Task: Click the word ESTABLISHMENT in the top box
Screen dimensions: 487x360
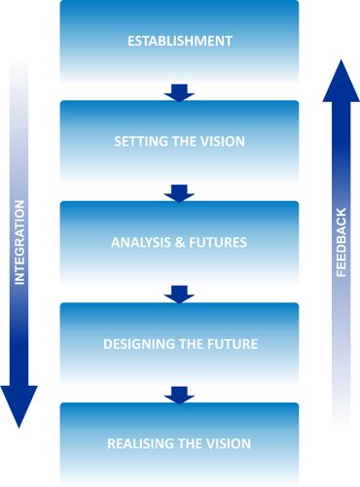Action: [180, 41]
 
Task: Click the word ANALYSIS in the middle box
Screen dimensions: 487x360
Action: [144, 242]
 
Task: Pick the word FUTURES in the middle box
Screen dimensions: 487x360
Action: [220, 242]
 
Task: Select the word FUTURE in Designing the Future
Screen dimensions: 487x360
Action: [230, 343]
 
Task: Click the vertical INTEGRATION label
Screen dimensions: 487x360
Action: [20, 243]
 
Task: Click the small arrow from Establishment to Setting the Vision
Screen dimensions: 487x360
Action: [180, 92]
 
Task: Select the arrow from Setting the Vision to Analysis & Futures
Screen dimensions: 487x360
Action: [180, 192]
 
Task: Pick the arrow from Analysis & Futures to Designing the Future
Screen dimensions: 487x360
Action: [180, 294]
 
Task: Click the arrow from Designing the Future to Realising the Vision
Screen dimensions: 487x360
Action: [180, 394]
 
